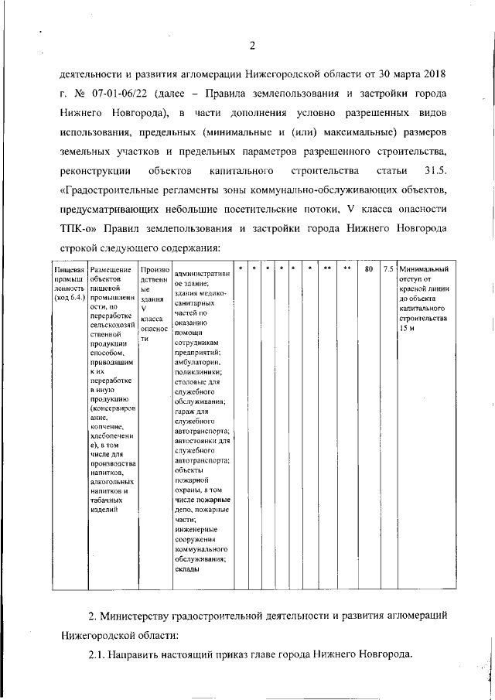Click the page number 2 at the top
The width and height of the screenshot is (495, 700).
(x=252, y=44)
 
